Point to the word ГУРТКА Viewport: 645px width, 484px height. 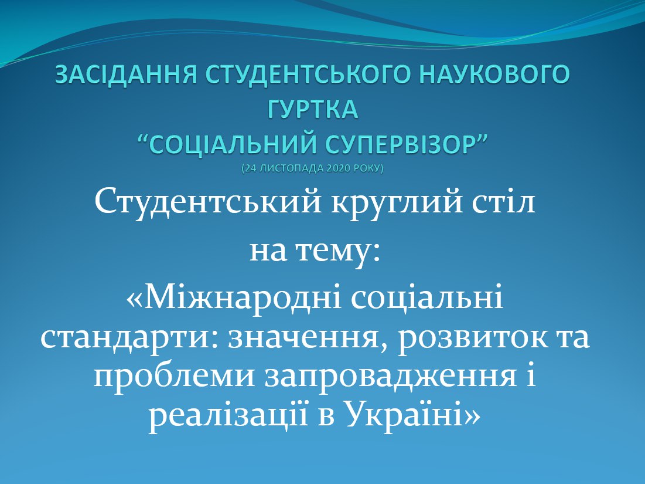pyautogui.click(x=313, y=110)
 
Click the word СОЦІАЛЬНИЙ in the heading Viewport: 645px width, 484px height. pyautogui.click(x=231, y=145)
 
